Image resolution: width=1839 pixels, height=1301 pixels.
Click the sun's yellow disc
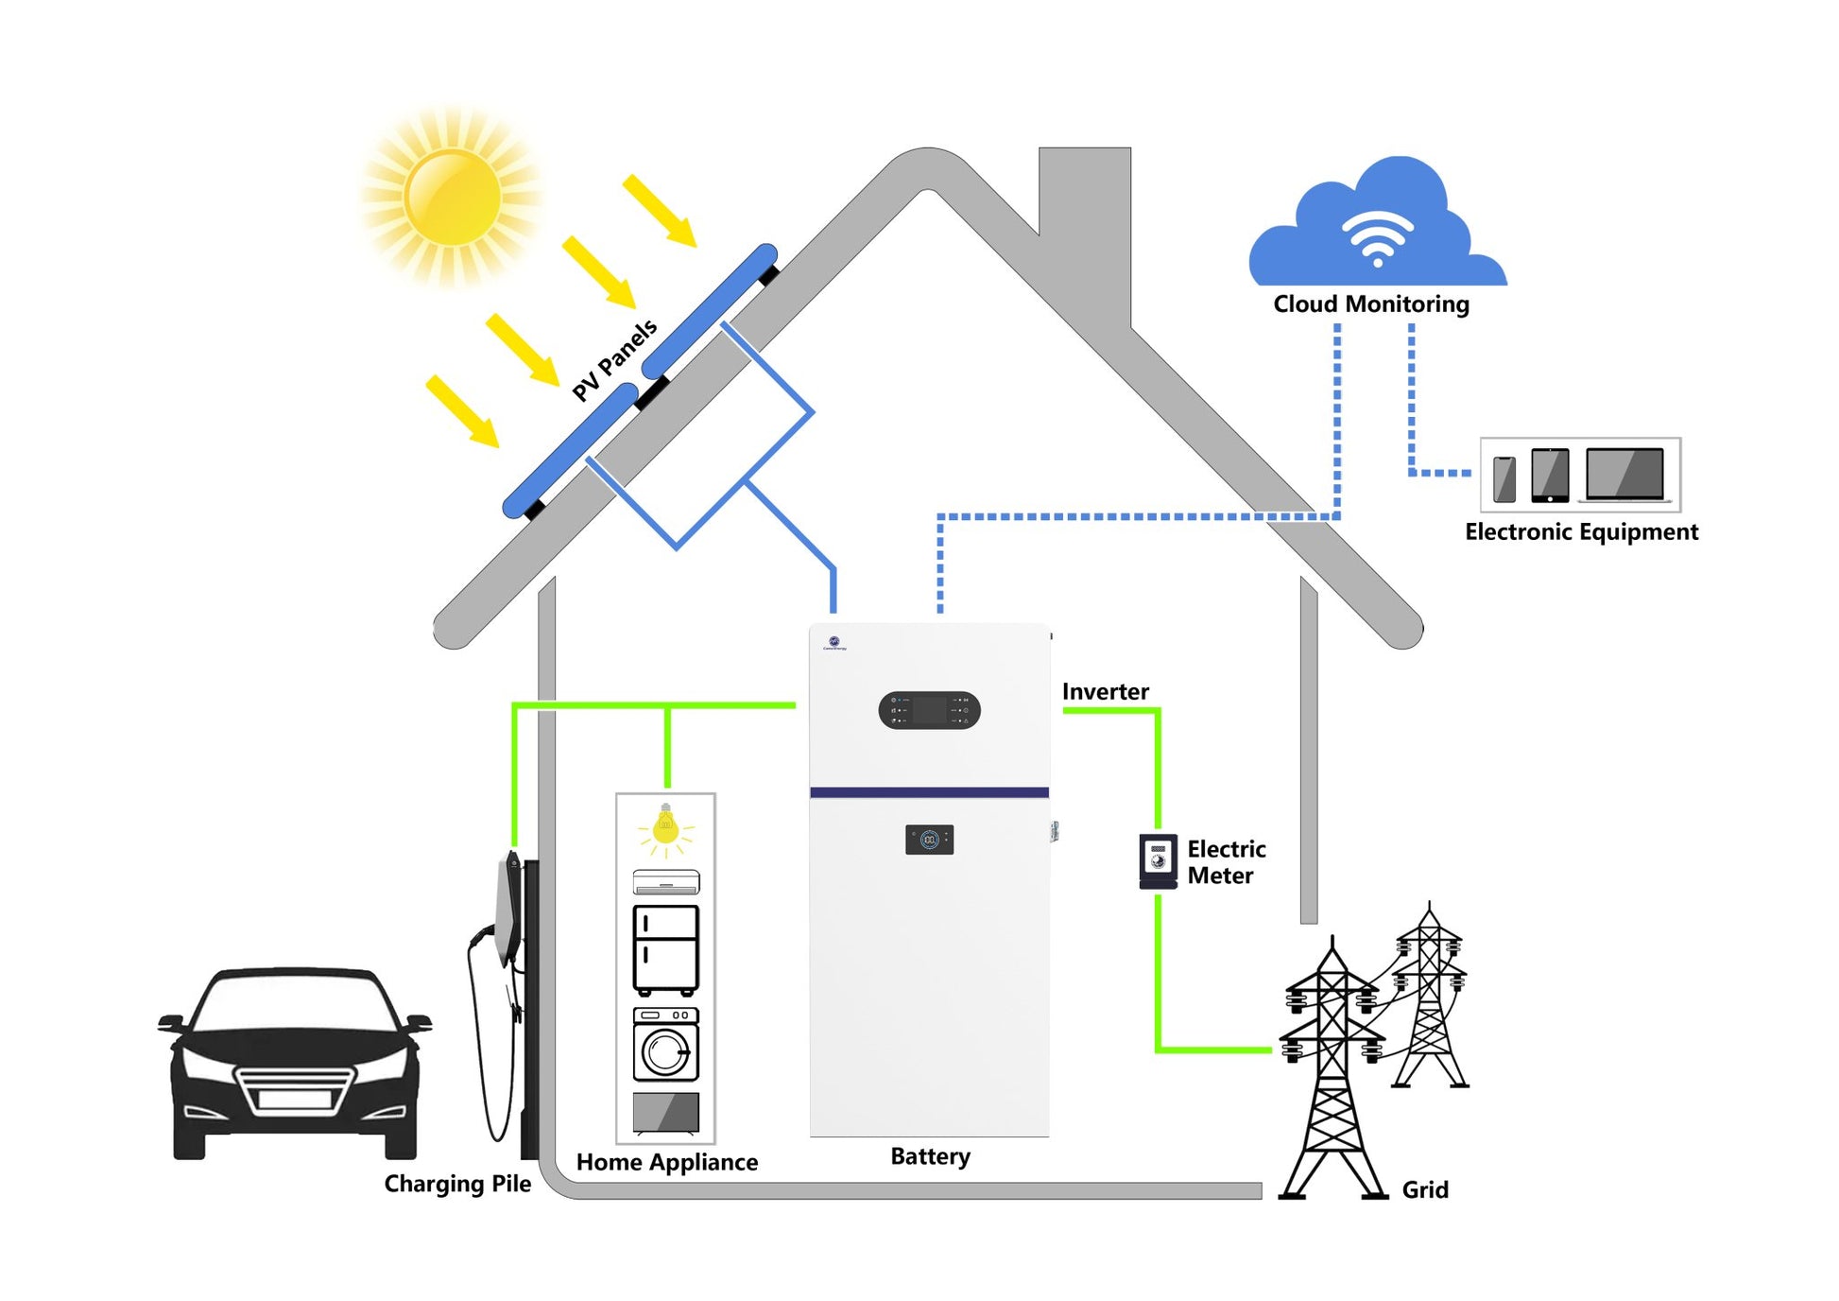tap(453, 197)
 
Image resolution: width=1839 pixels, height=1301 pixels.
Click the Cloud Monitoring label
tap(1370, 304)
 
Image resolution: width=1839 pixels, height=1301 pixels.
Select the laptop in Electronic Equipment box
tap(1624, 474)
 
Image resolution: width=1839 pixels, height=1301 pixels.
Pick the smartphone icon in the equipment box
tap(1504, 478)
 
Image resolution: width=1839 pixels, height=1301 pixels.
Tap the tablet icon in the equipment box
tap(1549, 475)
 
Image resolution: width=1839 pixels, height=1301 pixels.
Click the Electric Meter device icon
tap(1158, 859)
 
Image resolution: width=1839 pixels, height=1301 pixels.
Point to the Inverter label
tap(1105, 692)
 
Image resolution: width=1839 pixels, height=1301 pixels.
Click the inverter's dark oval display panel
tap(929, 710)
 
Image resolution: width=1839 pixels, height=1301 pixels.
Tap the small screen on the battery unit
tap(929, 840)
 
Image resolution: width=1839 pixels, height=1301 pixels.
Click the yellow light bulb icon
tap(665, 827)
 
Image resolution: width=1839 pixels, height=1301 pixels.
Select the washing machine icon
tap(665, 1044)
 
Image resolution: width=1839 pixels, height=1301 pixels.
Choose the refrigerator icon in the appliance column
tap(665, 949)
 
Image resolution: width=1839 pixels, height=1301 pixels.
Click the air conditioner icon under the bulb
tap(665, 882)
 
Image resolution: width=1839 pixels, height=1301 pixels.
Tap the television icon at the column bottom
tap(665, 1112)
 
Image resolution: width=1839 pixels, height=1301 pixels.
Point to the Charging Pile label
tap(457, 1184)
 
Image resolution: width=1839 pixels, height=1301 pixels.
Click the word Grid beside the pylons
tap(1424, 1190)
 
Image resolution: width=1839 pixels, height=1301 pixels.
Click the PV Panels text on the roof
tap(614, 359)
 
